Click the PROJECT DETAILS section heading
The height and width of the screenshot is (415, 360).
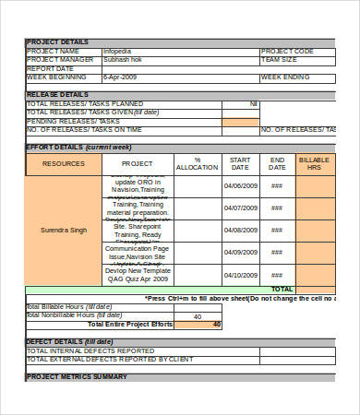click(x=58, y=42)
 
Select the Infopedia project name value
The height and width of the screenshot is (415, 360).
click(x=117, y=51)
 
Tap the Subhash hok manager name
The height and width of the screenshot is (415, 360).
click(x=122, y=60)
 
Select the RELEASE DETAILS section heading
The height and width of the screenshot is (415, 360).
click(x=57, y=94)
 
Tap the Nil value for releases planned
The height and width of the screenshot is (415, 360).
click(x=254, y=103)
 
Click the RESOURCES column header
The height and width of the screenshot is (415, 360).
click(x=64, y=163)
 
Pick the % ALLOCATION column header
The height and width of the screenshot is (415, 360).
click(x=197, y=163)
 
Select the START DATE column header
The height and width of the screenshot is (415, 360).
click(x=240, y=163)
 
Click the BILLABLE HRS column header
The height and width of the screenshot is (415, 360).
click(x=314, y=163)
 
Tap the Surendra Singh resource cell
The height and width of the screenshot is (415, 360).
click(x=64, y=230)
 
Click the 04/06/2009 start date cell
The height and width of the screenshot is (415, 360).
click(x=240, y=184)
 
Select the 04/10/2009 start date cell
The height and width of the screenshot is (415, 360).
click(x=240, y=274)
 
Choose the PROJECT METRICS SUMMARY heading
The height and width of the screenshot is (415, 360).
click(x=77, y=377)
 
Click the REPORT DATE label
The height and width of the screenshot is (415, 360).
click(x=50, y=68)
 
